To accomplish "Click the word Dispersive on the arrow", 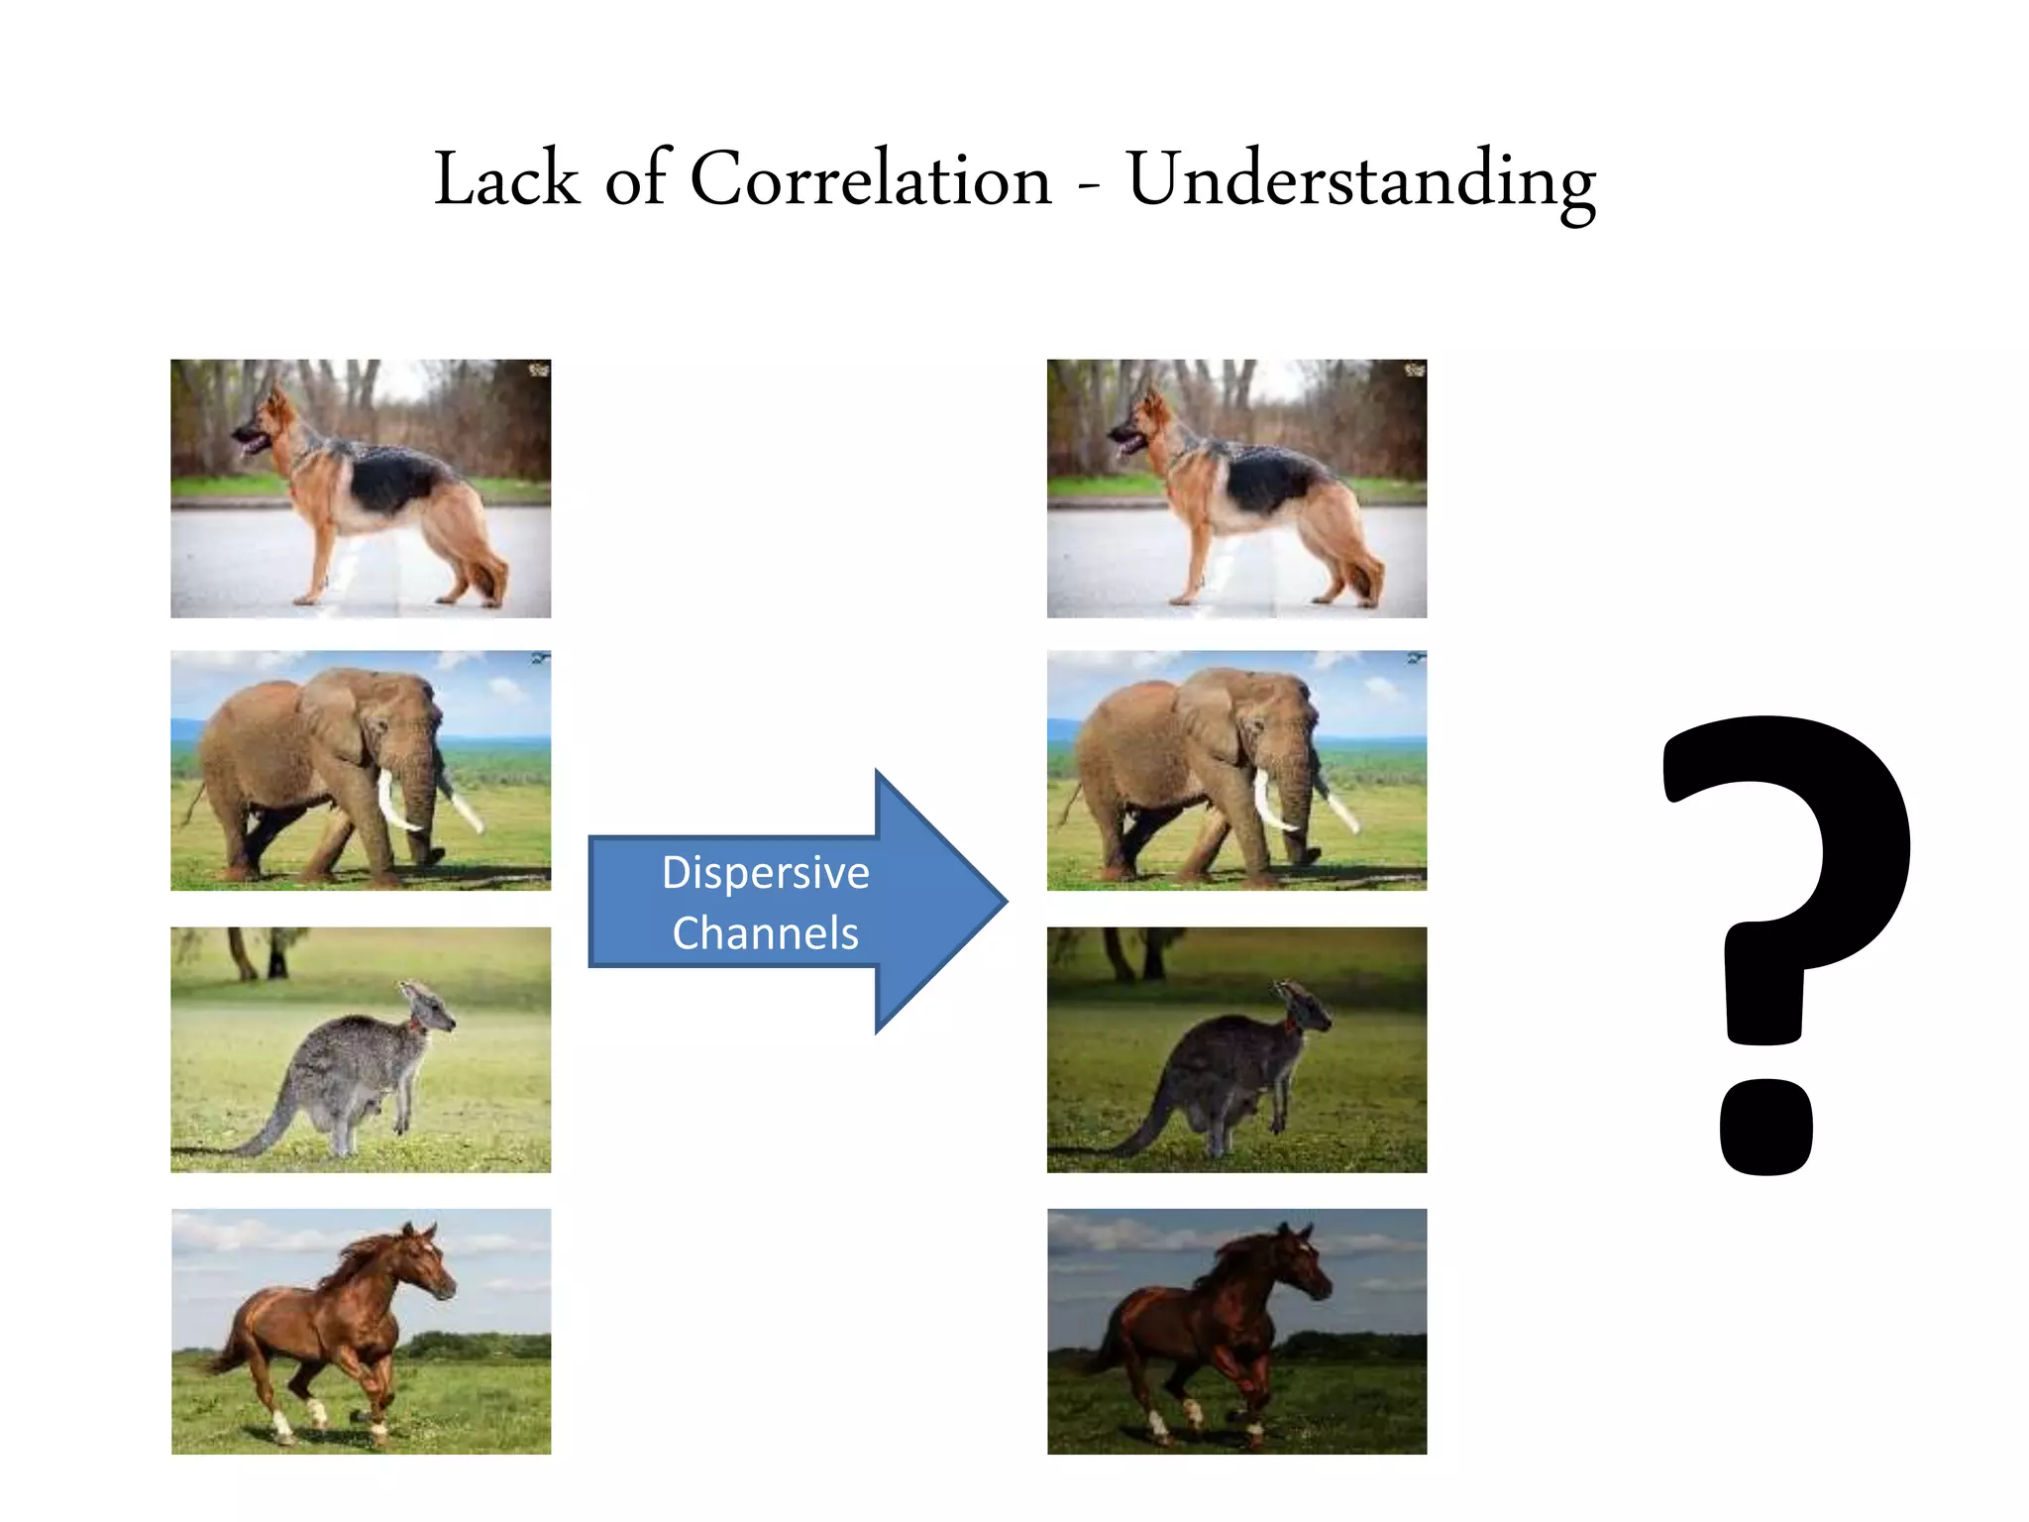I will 765,873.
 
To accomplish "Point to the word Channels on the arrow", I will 765,933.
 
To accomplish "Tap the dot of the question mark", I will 1766,1127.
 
